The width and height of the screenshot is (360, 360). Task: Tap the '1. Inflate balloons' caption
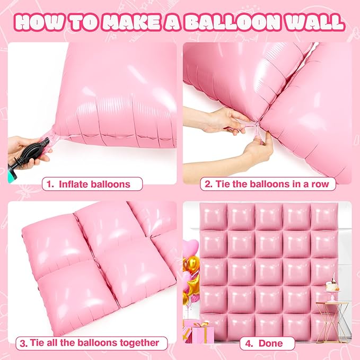click(x=93, y=185)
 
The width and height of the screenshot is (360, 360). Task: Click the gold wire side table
click(x=333, y=318)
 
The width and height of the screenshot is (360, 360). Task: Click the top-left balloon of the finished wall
click(x=214, y=216)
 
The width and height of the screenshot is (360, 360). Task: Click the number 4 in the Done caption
click(x=248, y=343)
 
